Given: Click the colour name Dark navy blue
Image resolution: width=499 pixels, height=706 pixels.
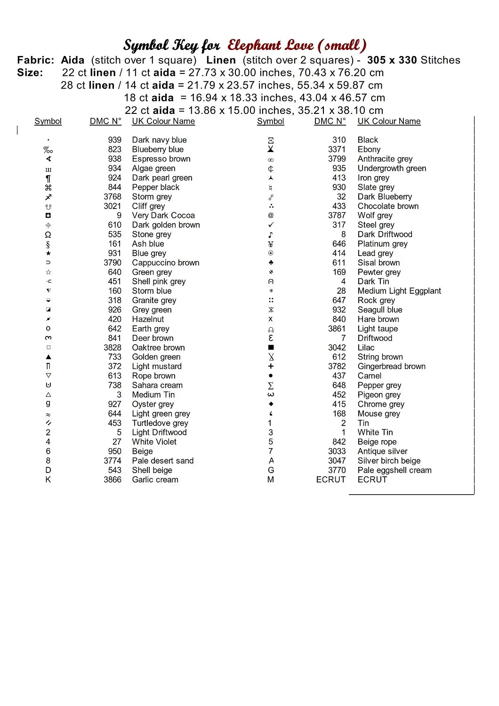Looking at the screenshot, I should point(159,140).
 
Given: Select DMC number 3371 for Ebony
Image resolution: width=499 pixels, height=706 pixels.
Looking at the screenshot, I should point(337,149).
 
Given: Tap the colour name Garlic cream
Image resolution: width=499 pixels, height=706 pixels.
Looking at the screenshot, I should point(155,480).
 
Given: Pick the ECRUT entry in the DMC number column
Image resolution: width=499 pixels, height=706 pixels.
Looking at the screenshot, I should point(330,480).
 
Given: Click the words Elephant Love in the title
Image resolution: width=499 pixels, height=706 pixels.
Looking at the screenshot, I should point(271,45).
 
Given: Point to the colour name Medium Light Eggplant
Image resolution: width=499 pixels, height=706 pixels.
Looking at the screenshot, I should point(399,291).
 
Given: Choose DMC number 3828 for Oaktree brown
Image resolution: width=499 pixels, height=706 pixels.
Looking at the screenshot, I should point(113,347).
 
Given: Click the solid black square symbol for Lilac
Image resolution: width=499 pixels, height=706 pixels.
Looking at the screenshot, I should point(271,347).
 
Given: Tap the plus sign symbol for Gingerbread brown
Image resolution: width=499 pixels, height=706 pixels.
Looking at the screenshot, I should point(271,366).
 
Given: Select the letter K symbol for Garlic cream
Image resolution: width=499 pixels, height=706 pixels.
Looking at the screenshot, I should point(48,480).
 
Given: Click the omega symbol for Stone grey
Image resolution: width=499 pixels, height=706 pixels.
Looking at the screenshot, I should point(48,234).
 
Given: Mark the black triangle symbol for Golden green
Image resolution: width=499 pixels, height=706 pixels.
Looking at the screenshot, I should point(48,357).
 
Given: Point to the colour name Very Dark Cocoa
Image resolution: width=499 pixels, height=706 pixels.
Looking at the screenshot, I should point(163,216).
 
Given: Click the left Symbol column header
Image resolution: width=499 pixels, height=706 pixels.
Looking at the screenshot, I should point(48,121).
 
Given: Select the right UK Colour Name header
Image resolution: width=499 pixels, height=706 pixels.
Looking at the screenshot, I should point(389,121).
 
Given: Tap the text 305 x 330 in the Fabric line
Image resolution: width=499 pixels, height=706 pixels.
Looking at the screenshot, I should point(392,60).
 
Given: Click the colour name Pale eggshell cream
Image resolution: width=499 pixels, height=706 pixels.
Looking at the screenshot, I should point(394,470).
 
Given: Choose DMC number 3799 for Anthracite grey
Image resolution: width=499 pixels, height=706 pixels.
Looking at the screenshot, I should point(337,159).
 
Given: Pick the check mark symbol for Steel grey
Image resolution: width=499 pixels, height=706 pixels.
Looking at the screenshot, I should point(271,225).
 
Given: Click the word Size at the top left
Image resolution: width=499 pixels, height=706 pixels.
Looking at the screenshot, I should point(30,73).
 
